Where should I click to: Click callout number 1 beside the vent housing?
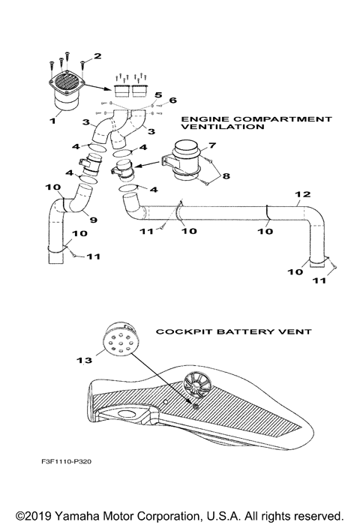pyautogui.click(x=53, y=119)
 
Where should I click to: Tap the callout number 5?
pyautogui.click(x=158, y=95)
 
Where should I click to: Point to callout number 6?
pyautogui.click(x=172, y=100)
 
